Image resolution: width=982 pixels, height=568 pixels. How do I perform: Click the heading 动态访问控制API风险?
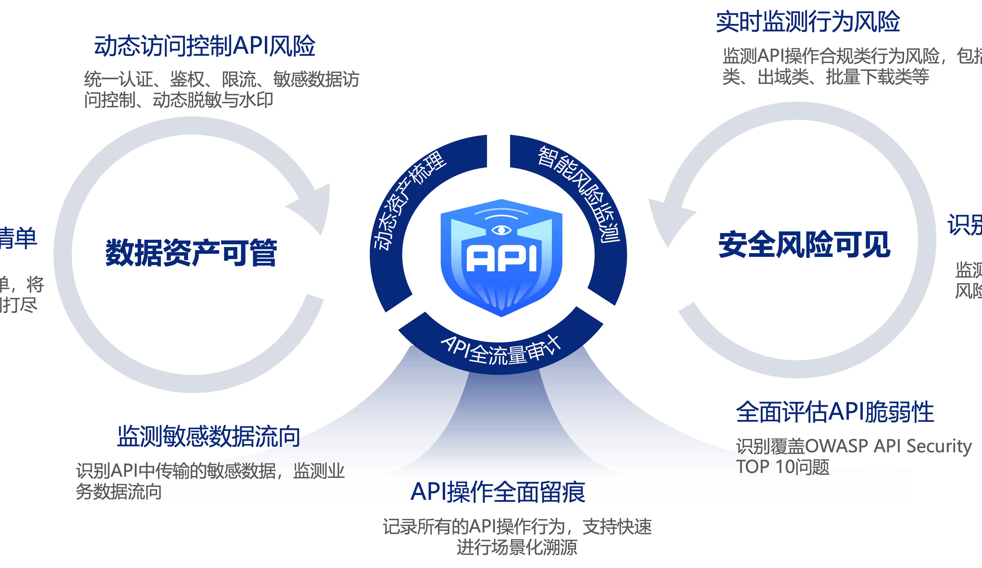pos(205,46)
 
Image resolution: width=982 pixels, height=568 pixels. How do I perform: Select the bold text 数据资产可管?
pos(191,253)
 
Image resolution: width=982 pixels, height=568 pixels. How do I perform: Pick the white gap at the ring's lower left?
pos(407,311)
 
